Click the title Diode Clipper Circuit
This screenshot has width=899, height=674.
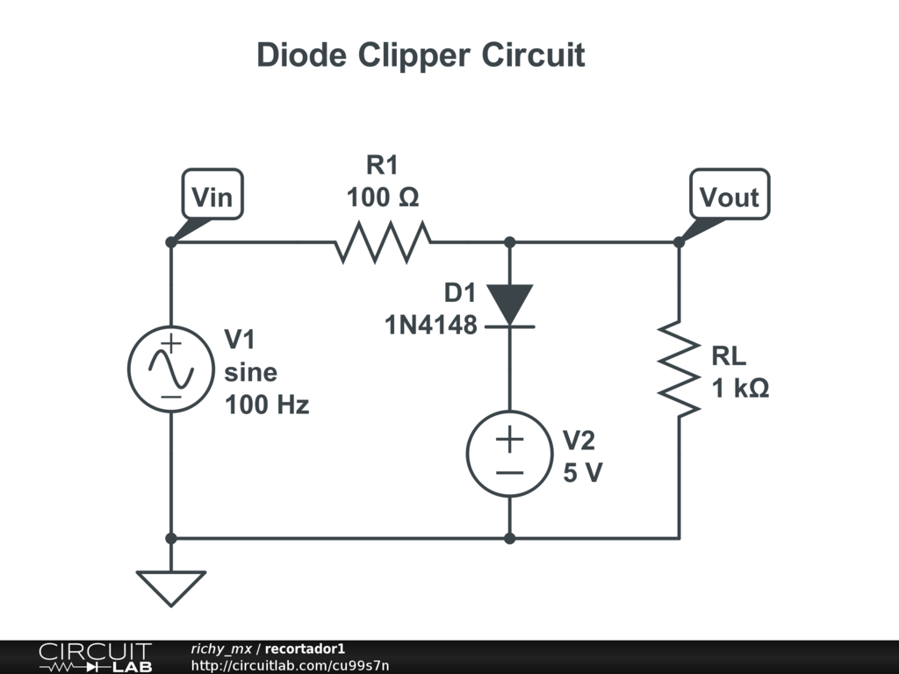coord(421,55)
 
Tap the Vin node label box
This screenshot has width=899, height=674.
coord(212,194)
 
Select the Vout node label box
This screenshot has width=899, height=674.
coord(730,194)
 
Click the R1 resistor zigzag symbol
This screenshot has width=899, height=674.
coord(383,242)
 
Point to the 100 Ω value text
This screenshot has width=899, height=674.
coord(383,197)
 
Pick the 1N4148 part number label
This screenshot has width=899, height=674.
coord(430,325)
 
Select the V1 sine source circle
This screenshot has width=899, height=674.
coord(171,369)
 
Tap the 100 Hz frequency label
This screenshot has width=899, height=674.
coord(267,405)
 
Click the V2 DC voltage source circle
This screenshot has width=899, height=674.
coord(510,454)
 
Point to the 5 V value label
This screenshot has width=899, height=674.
coord(583,473)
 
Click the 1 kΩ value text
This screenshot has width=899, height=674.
coord(740,389)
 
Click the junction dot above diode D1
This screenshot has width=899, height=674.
coord(510,242)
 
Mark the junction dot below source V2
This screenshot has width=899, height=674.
coord(510,538)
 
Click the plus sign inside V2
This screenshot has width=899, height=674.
coord(510,440)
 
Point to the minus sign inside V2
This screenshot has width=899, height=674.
coord(510,473)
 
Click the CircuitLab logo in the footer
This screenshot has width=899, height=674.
coord(95,657)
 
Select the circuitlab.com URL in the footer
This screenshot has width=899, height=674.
coord(290,665)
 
